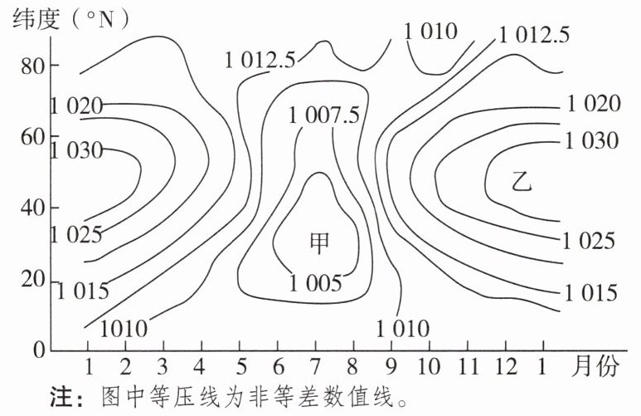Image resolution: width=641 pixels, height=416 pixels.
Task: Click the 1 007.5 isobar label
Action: pyautogui.click(x=324, y=115)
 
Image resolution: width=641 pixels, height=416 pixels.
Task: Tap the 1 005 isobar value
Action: pyautogui.click(x=315, y=283)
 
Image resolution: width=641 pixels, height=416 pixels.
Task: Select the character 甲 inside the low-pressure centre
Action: pyautogui.click(x=319, y=242)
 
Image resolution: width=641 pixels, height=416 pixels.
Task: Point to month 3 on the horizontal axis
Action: pyautogui.click(x=163, y=366)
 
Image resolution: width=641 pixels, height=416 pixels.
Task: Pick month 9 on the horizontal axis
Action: pyautogui.click(x=391, y=366)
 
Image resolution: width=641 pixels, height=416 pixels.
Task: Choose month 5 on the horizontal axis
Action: pyautogui.click(x=240, y=366)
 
